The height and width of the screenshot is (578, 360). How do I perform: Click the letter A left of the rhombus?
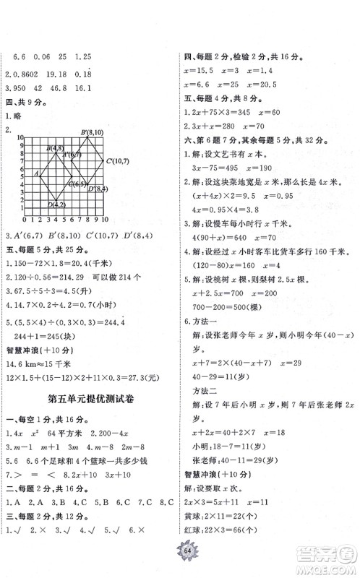pos(36,173)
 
